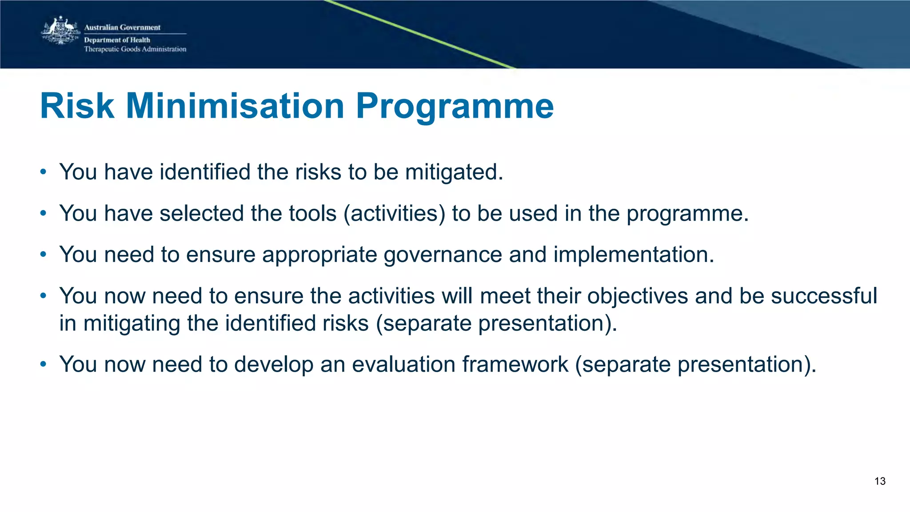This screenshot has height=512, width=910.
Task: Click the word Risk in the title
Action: (x=77, y=106)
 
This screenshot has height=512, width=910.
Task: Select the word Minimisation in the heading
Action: (x=235, y=106)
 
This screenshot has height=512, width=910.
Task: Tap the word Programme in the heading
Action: (x=455, y=106)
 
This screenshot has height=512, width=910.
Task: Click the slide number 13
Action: (x=880, y=481)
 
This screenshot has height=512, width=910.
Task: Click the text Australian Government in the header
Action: (x=122, y=28)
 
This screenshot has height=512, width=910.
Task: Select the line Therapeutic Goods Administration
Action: (x=135, y=49)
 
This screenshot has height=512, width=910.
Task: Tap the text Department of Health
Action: (x=117, y=40)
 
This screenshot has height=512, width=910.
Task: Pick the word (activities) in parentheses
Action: (x=395, y=214)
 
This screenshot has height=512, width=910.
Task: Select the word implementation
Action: (x=633, y=255)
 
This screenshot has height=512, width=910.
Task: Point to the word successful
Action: (x=824, y=296)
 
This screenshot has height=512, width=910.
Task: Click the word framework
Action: (x=515, y=365)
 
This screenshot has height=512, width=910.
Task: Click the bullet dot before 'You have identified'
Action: (x=43, y=172)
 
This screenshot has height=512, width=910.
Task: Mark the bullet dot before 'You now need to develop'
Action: (x=43, y=365)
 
